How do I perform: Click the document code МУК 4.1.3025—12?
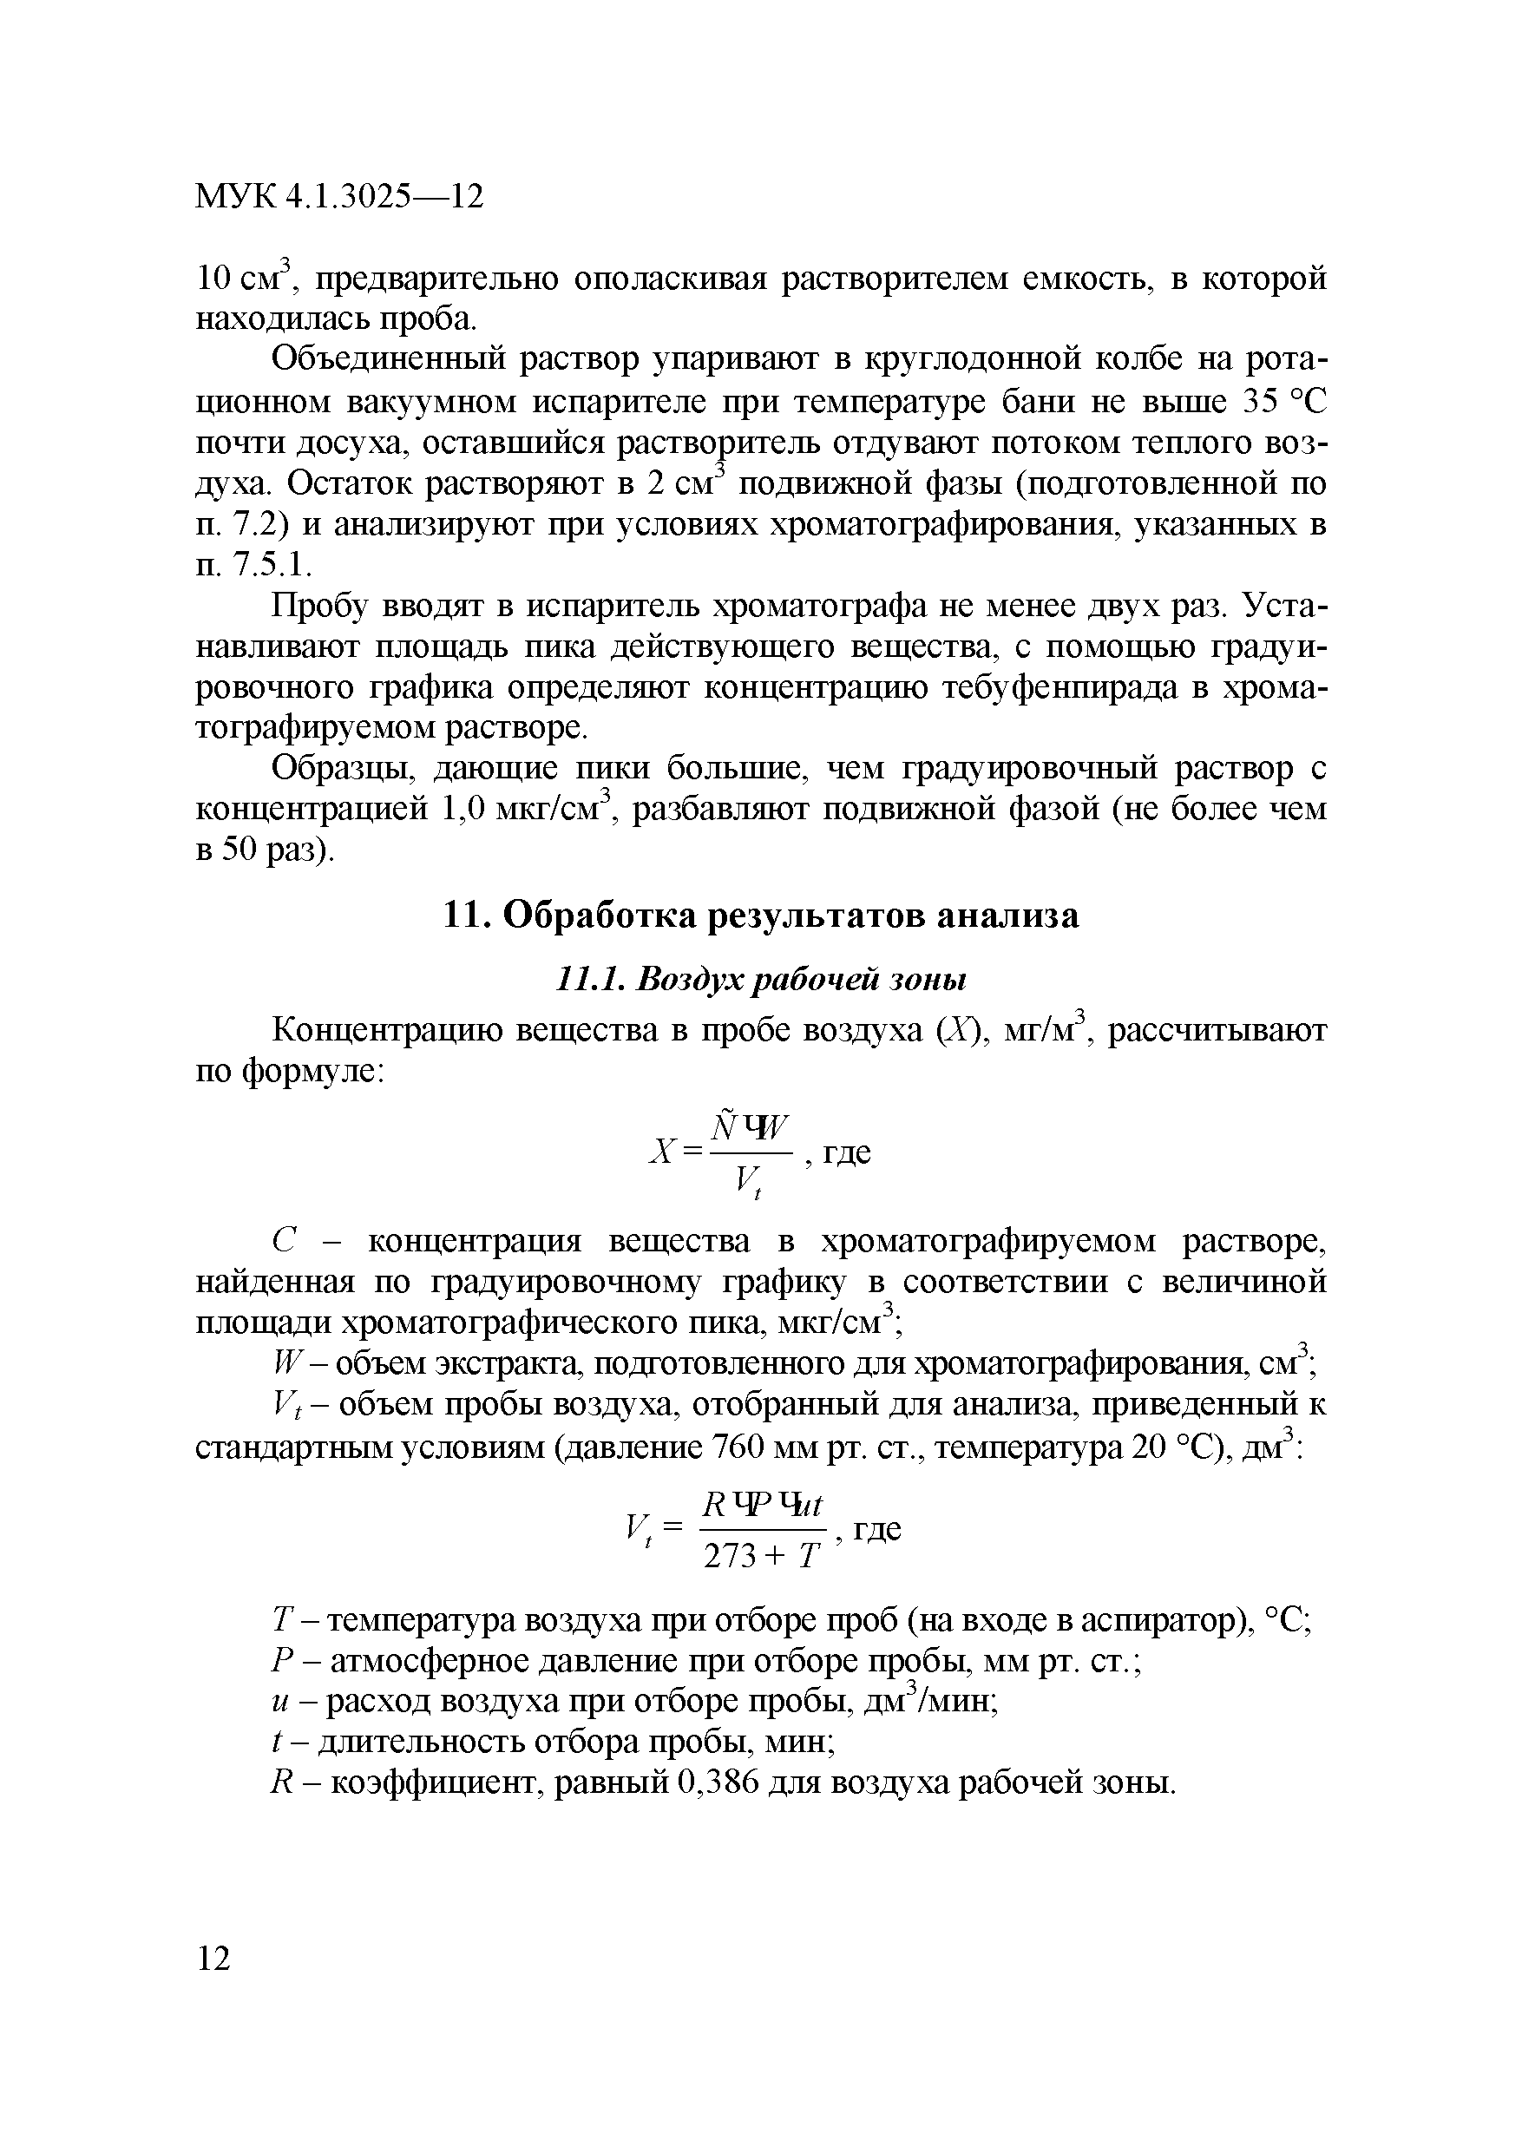(x=338, y=197)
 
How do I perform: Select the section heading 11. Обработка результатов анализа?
(x=760, y=916)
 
